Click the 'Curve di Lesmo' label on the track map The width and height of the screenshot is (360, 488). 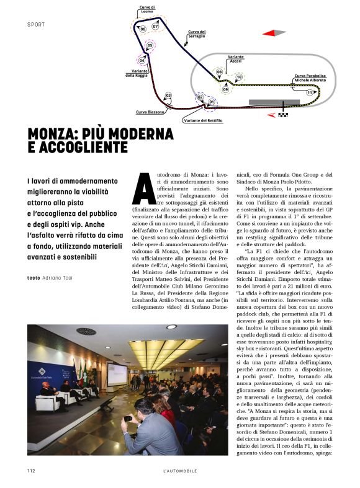click(x=145, y=10)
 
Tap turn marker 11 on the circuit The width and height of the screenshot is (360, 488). click(x=310, y=92)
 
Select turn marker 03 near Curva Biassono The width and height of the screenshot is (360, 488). click(x=168, y=95)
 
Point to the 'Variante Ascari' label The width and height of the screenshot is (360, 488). click(x=235, y=59)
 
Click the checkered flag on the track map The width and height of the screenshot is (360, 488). click(x=283, y=114)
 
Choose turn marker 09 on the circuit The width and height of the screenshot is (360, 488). click(x=225, y=89)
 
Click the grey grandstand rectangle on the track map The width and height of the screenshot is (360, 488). click(x=274, y=102)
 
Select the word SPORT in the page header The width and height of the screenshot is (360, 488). click(x=37, y=25)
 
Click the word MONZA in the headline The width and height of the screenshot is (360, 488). click(x=56, y=134)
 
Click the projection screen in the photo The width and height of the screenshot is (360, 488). click(x=117, y=373)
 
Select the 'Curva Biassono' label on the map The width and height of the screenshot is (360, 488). click(x=150, y=112)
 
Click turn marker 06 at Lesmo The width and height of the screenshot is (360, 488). click(x=143, y=29)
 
